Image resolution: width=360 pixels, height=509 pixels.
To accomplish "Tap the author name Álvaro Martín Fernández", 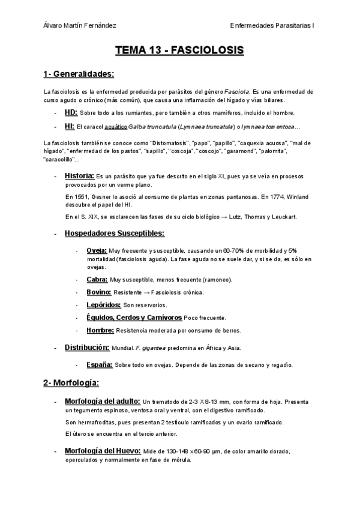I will (80, 26).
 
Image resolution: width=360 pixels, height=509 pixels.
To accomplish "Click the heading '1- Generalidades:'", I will (79, 74).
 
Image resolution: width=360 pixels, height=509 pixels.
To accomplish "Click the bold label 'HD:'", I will (71, 112).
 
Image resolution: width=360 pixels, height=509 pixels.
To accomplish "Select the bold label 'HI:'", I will (70, 126).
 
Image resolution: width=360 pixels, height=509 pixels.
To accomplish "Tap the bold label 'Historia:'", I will (79, 175).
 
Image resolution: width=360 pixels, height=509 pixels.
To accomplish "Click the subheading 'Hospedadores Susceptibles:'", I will (115, 233).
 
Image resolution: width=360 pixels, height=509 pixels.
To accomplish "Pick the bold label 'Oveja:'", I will (97, 250).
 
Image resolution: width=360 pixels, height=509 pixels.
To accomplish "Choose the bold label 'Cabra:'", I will (97, 279).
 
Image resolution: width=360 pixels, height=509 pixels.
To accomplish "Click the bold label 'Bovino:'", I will (99, 292).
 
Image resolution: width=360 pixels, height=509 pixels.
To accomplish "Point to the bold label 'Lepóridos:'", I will (104, 305).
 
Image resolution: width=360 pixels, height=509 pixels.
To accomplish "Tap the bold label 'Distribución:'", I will (86, 348).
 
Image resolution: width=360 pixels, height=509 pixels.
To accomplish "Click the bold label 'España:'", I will (100, 364).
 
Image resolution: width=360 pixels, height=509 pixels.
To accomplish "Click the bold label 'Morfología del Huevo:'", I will (103, 451).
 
